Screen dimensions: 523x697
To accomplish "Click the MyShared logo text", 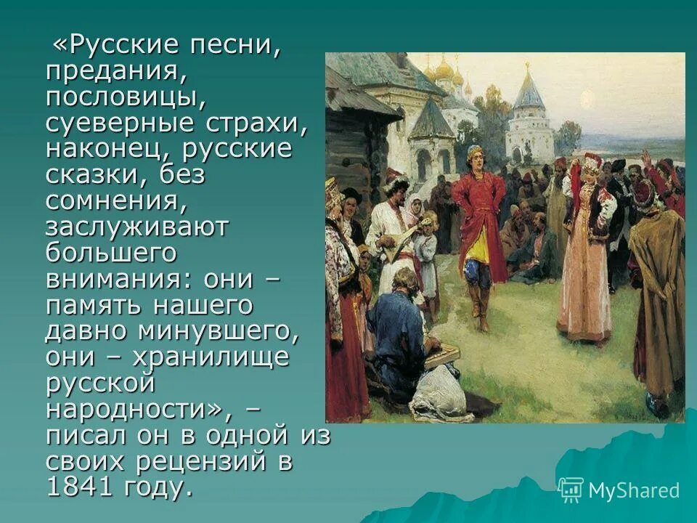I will [x=633, y=490].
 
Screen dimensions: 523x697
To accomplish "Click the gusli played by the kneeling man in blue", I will [x=442, y=354].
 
